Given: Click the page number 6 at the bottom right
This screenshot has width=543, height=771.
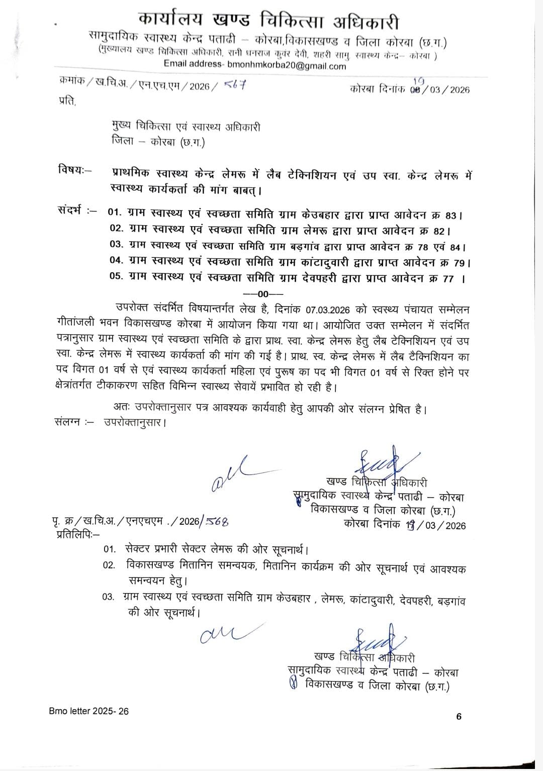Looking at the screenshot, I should tap(459, 717).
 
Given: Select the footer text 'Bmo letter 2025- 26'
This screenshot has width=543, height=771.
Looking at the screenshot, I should tap(89, 711).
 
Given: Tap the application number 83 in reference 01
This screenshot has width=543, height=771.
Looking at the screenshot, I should tap(450, 216).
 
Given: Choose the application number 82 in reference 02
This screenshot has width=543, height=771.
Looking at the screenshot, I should tap(438, 231).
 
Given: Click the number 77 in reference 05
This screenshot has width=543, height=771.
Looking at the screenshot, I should tap(447, 279).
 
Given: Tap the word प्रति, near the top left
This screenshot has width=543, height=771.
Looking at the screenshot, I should tap(68, 102).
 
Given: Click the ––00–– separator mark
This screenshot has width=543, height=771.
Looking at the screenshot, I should tap(263, 294).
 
